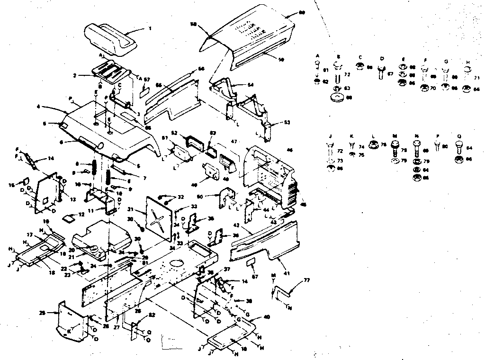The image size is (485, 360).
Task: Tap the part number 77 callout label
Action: pos(307,280)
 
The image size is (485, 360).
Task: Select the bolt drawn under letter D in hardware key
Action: pos(380,72)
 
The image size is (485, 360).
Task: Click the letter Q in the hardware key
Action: pos(458,135)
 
